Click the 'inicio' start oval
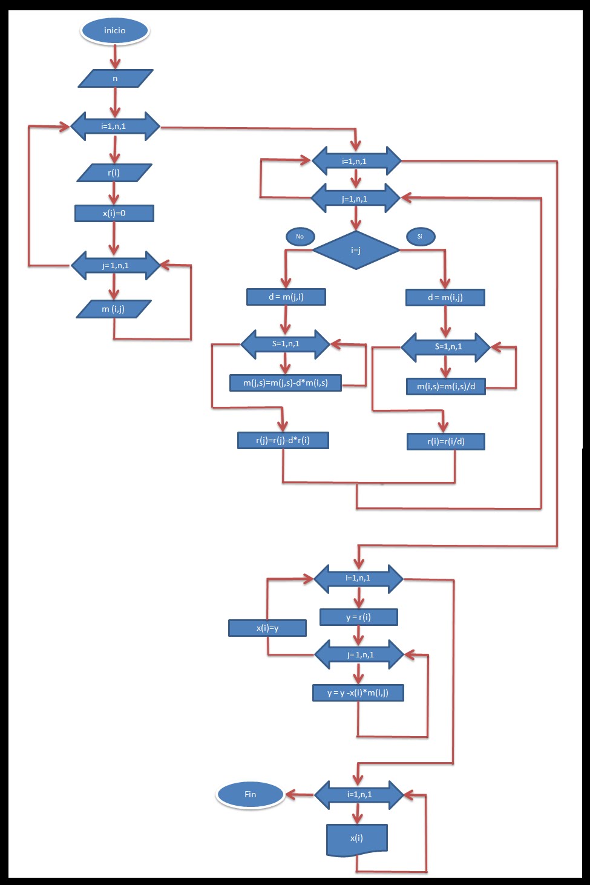tap(114, 31)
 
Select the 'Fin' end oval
tap(250, 795)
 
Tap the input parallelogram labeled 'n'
tap(115, 79)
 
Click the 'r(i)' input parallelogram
tap(114, 173)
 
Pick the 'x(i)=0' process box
tap(114, 214)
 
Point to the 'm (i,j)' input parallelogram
tap(113, 309)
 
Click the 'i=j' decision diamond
tap(356, 250)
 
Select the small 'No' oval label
tap(300, 237)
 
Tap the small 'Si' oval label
tap(420, 237)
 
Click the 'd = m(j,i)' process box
tap(286, 297)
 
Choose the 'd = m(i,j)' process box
tap(445, 298)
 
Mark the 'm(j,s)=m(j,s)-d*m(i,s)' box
tap(286, 383)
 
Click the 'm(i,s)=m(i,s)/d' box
tap(446, 387)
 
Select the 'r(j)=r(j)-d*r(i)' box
tap(283, 441)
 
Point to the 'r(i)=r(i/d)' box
tap(446, 442)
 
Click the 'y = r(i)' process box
tap(358, 617)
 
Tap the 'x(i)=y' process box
tap(267, 628)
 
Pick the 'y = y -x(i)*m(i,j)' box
tap(358, 693)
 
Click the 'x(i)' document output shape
tap(356, 839)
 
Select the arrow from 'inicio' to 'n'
tap(115, 57)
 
